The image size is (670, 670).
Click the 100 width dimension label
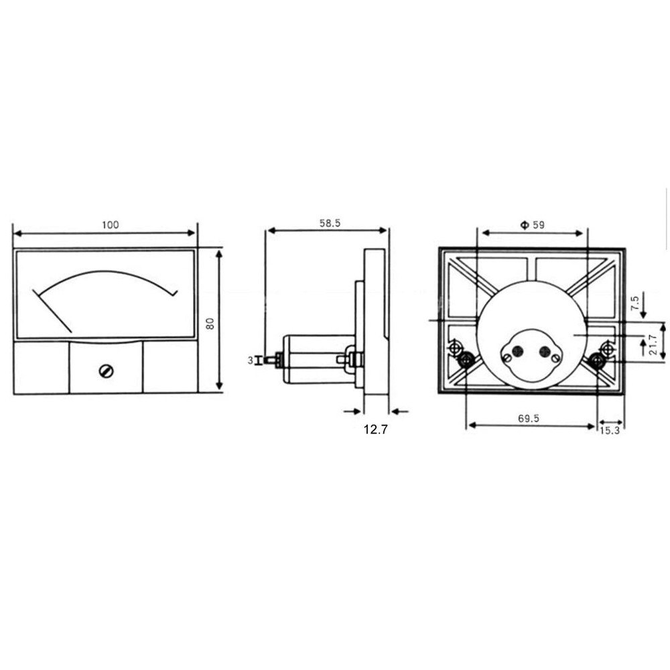pyautogui.click(x=111, y=224)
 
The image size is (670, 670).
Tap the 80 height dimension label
pyautogui.click(x=210, y=324)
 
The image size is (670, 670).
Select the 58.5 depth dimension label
pyautogui.click(x=330, y=223)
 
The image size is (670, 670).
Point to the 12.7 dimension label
pyautogui.click(x=376, y=429)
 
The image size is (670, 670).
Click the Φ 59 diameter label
pyautogui.click(x=533, y=224)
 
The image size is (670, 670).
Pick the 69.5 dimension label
pyautogui.click(x=529, y=418)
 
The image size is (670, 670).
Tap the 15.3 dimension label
pyautogui.click(x=609, y=430)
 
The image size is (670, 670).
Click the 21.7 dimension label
pyautogui.click(x=653, y=344)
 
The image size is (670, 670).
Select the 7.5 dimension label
pyautogui.click(x=634, y=303)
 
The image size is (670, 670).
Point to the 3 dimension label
pyautogui.click(x=251, y=360)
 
